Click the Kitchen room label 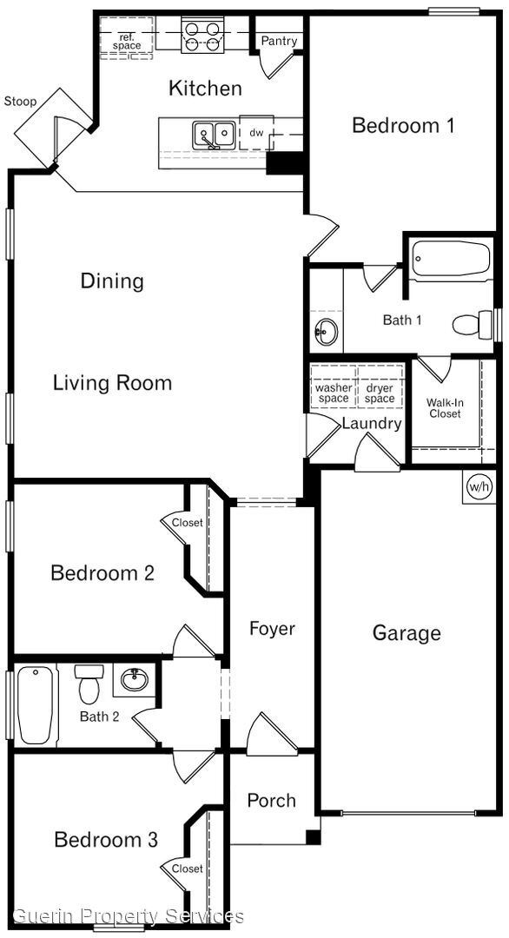[x=205, y=88]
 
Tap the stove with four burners [x=202, y=35]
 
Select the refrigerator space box [x=126, y=40]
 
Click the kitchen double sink [x=214, y=134]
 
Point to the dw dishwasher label [x=256, y=133]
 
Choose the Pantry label [x=279, y=41]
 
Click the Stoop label [x=21, y=102]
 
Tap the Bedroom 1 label [x=403, y=125]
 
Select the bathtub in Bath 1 [x=451, y=258]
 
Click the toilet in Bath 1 [x=472, y=325]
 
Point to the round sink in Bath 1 [x=326, y=331]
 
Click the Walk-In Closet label [x=443, y=408]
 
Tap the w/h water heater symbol [x=479, y=486]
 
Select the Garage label [x=407, y=633]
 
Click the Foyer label [x=272, y=629]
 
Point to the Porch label [x=271, y=800]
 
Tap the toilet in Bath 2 [x=89, y=684]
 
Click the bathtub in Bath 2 [x=36, y=703]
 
